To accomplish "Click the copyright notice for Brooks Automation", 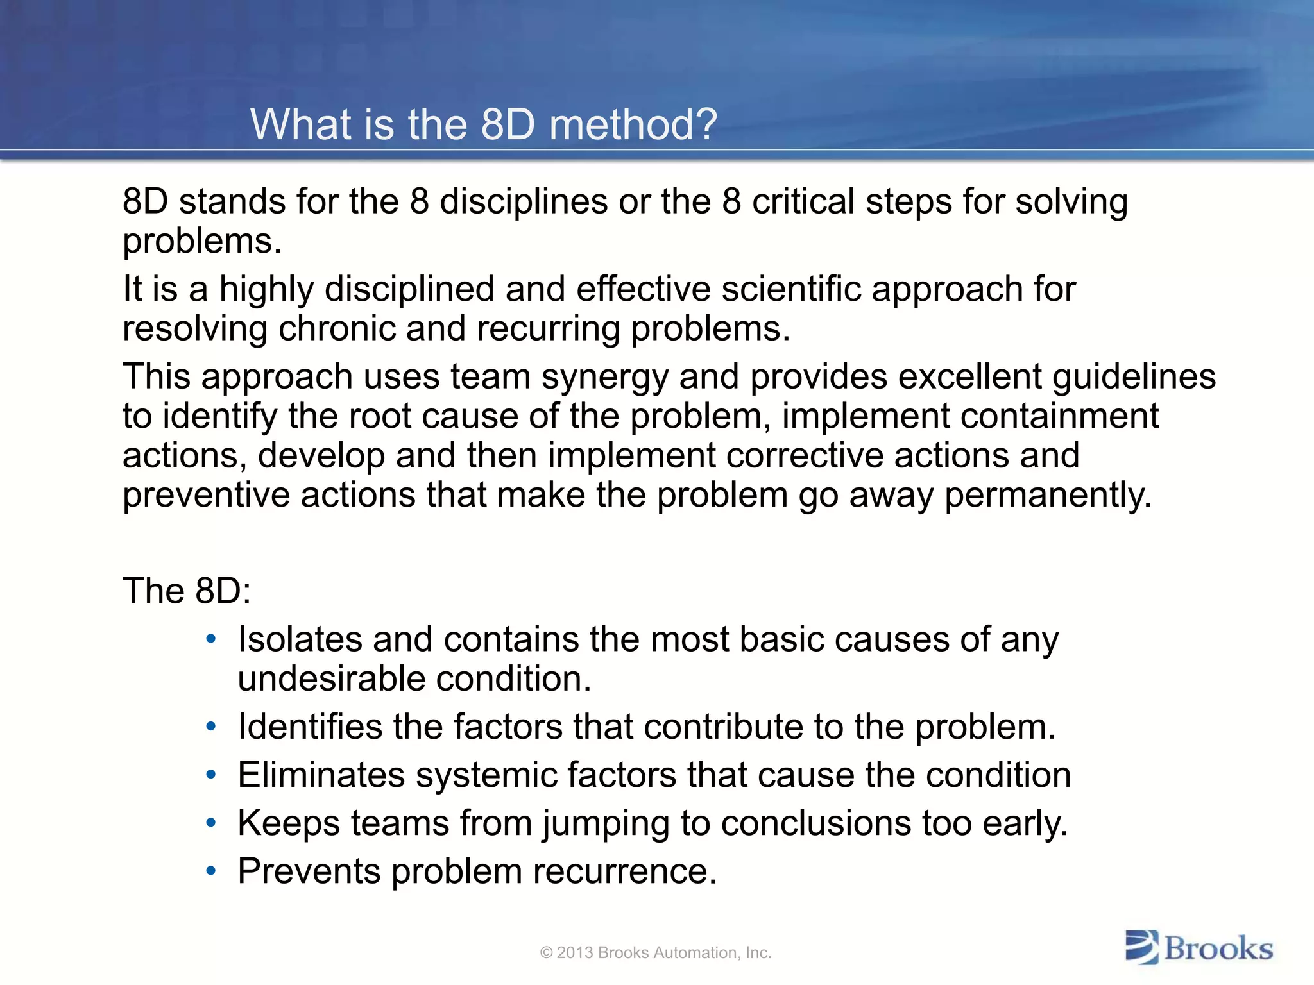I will [x=656, y=952].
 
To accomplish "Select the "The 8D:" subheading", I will [x=187, y=591].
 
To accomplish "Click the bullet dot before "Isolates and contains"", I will [x=211, y=639].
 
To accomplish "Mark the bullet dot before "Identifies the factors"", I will [x=211, y=727].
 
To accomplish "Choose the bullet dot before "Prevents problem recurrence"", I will [x=211, y=871].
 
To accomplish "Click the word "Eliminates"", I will [x=321, y=775].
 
